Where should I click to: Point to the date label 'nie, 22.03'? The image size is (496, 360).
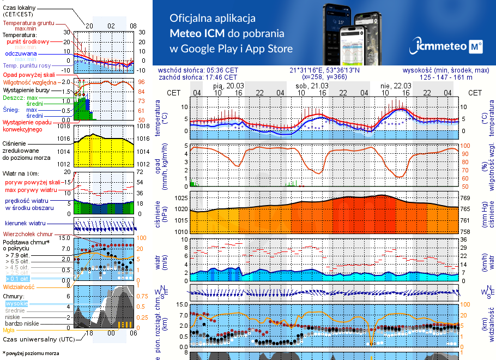point(396,86)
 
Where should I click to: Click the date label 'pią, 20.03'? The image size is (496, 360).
point(228,86)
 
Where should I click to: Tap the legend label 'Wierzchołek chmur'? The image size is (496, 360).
point(27,233)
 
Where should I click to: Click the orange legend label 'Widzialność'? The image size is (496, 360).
point(19,286)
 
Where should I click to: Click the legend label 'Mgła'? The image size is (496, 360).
point(9,330)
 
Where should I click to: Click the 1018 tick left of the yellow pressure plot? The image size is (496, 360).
point(65,126)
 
